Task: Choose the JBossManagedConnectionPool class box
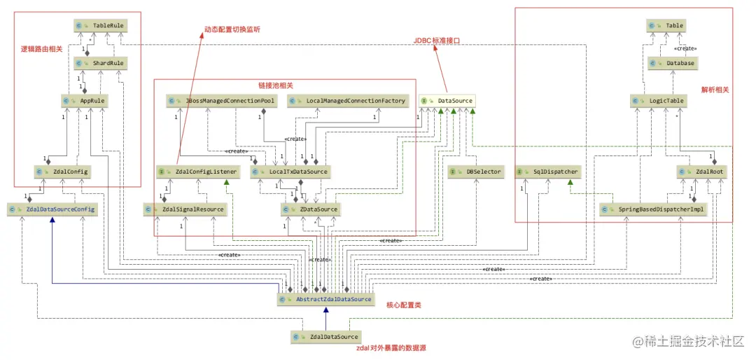pyautogui.click(x=221, y=101)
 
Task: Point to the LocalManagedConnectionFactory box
pyautogui.click(x=347, y=101)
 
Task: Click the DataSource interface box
pyautogui.click(x=447, y=101)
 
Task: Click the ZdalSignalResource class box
pyautogui.click(x=185, y=209)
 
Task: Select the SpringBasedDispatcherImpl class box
pyautogui.click(x=654, y=209)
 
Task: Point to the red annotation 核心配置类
pyautogui.click(x=403, y=305)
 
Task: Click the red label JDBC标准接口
pyautogui.click(x=437, y=41)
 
